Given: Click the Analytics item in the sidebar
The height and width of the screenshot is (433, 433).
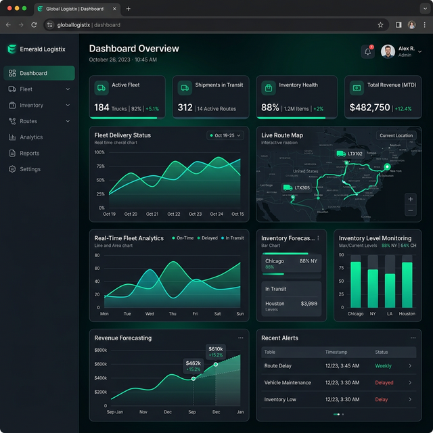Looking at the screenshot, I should point(31,137).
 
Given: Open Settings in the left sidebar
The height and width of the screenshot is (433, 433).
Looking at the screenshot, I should point(30,169).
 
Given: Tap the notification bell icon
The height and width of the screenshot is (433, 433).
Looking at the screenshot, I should point(367,52).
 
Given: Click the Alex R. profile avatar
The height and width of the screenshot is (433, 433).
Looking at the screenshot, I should point(388,52).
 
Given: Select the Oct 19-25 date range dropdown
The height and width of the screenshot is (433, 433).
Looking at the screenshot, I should point(225,135).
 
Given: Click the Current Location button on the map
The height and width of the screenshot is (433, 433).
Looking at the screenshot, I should point(396,135).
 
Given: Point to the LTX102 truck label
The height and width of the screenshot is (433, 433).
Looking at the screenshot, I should point(355,154).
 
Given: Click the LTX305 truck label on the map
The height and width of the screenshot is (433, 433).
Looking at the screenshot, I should point(302,187).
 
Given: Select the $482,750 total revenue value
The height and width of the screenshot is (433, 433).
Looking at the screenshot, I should point(369,108).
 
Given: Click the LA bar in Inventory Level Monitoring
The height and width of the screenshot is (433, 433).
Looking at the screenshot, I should point(390,290).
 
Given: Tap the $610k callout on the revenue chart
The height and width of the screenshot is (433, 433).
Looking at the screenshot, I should point(215,351).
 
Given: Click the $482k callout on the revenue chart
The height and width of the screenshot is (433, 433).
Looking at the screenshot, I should point(193,365).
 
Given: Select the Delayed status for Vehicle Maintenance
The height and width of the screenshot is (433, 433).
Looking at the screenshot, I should point(384,383).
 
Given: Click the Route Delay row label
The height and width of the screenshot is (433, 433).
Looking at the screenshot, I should point(278,366).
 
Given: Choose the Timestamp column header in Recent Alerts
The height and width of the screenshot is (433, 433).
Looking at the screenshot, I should point(336,352).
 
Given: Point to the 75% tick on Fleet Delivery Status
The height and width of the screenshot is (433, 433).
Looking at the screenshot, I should point(100,166).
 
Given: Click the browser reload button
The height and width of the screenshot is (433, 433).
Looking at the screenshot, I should point(34,25).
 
